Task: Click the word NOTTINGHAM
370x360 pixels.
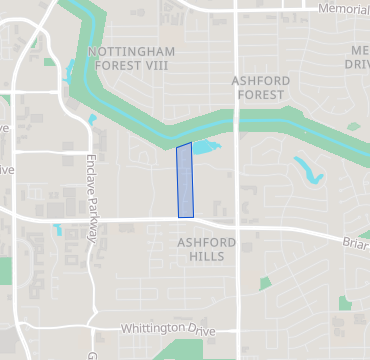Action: pyautogui.click(x=131, y=51)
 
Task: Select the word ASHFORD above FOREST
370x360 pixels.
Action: pyautogui.click(x=261, y=79)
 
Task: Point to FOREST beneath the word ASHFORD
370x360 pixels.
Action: pyautogui.click(x=261, y=94)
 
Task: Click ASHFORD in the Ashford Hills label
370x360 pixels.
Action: pyautogui.click(x=207, y=243)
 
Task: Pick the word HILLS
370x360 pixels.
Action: pyautogui.click(x=207, y=257)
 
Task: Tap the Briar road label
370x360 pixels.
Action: pyautogui.click(x=355, y=241)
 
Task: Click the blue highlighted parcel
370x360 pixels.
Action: pyautogui.click(x=185, y=180)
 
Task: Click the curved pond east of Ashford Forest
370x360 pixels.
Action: pyautogui.click(x=309, y=171)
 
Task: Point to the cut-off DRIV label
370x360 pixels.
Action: pyautogui.click(x=357, y=65)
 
